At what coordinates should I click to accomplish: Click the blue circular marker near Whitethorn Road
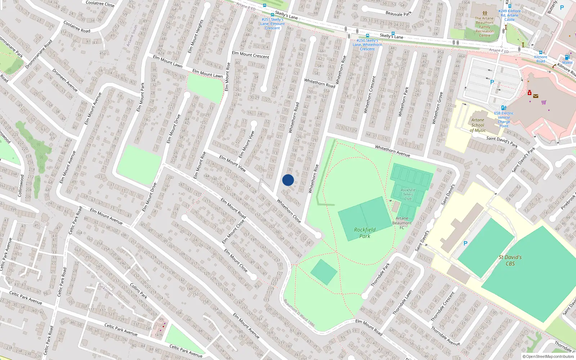click(x=288, y=180)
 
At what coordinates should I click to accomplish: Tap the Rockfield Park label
click(x=365, y=233)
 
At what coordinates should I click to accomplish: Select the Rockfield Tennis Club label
click(x=408, y=194)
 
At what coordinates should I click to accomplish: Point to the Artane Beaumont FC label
click(x=402, y=223)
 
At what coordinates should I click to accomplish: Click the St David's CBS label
click(x=510, y=260)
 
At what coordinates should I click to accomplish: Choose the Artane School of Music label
click(x=478, y=125)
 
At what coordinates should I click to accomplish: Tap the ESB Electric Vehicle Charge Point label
click(x=504, y=119)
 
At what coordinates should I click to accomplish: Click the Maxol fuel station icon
click(x=567, y=58)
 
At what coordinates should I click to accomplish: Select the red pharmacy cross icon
click(x=530, y=93)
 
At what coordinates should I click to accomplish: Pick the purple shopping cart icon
click(x=544, y=102)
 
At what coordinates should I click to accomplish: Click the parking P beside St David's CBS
click(x=465, y=244)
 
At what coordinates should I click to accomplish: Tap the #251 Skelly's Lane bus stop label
click(x=273, y=24)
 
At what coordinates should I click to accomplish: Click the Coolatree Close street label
click(x=100, y=4)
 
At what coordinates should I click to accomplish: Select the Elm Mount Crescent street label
click(x=251, y=55)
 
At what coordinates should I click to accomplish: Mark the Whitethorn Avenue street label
click(x=392, y=151)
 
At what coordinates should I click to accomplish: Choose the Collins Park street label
click(x=139, y=291)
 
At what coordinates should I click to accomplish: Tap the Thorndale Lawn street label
click(x=402, y=302)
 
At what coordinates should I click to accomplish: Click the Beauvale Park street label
click(x=399, y=14)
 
